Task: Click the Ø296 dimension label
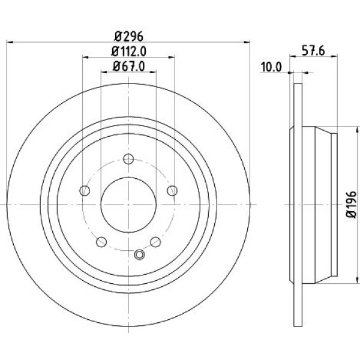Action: pyautogui.click(x=128, y=36)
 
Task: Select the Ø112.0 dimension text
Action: pyautogui.click(x=129, y=51)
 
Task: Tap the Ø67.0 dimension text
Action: pyautogui.click(x=129, y=67)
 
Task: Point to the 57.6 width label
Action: pyautogui.click(x=313, y=51)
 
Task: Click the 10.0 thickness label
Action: pyautogui.click(x=271, y=67)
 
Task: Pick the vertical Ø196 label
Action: pyautogui.click(x=351, y=205)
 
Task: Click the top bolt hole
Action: pyautogui.click(x=128, y=158)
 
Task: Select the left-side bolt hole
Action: pyautogui.click(x=85, y=191)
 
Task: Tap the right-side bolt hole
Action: pyautogui.click(x=172, y=191)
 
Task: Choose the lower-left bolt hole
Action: pyautogui.click(x=101, y=242)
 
